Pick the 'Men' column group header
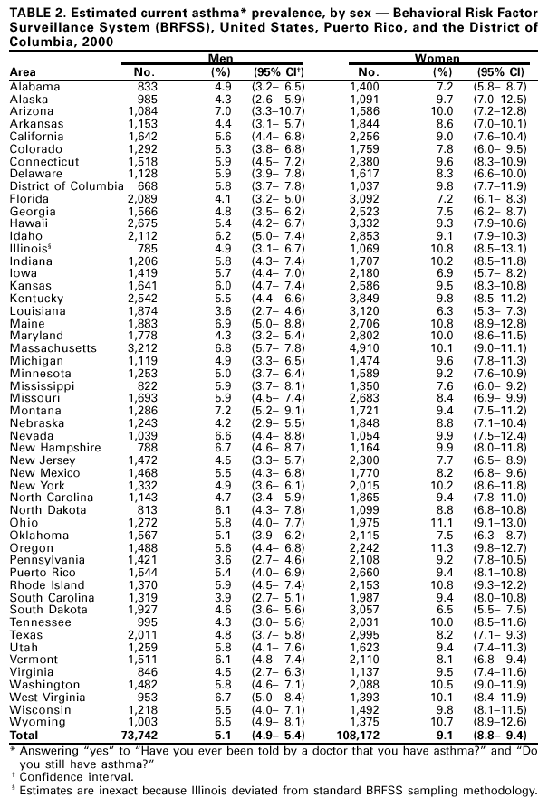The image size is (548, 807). tap(220, 57)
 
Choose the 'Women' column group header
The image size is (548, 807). tap(437, 57)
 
